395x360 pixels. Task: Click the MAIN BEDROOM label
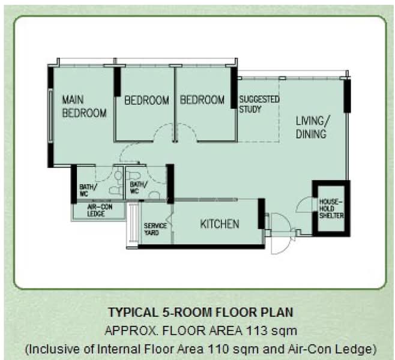84,106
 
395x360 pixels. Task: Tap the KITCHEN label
220,224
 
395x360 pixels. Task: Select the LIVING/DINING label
312,128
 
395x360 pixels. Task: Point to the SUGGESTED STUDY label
259,104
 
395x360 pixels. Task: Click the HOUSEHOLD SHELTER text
331,209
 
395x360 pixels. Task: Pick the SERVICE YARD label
155,229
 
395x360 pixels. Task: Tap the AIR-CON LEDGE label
100,211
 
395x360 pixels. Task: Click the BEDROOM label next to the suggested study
202,100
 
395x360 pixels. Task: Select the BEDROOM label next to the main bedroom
146,100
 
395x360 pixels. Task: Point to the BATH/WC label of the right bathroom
138,188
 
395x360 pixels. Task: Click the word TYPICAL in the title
132,313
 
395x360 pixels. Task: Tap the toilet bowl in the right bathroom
131,175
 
